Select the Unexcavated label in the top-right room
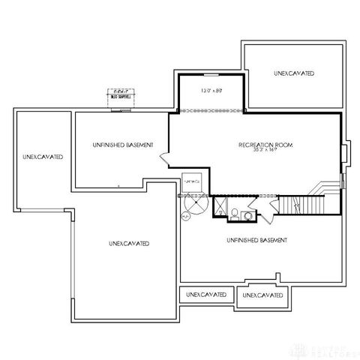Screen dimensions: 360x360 point(294,73)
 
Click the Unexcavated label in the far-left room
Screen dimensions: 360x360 point(42,157)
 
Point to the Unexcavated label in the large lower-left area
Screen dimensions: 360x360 point(128,244)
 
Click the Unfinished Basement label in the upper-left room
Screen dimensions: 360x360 point(123,144)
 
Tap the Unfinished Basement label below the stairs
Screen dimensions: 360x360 point(258,240)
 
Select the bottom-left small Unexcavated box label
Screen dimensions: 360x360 point(206,295)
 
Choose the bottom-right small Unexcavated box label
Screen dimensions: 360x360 point(263,295)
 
